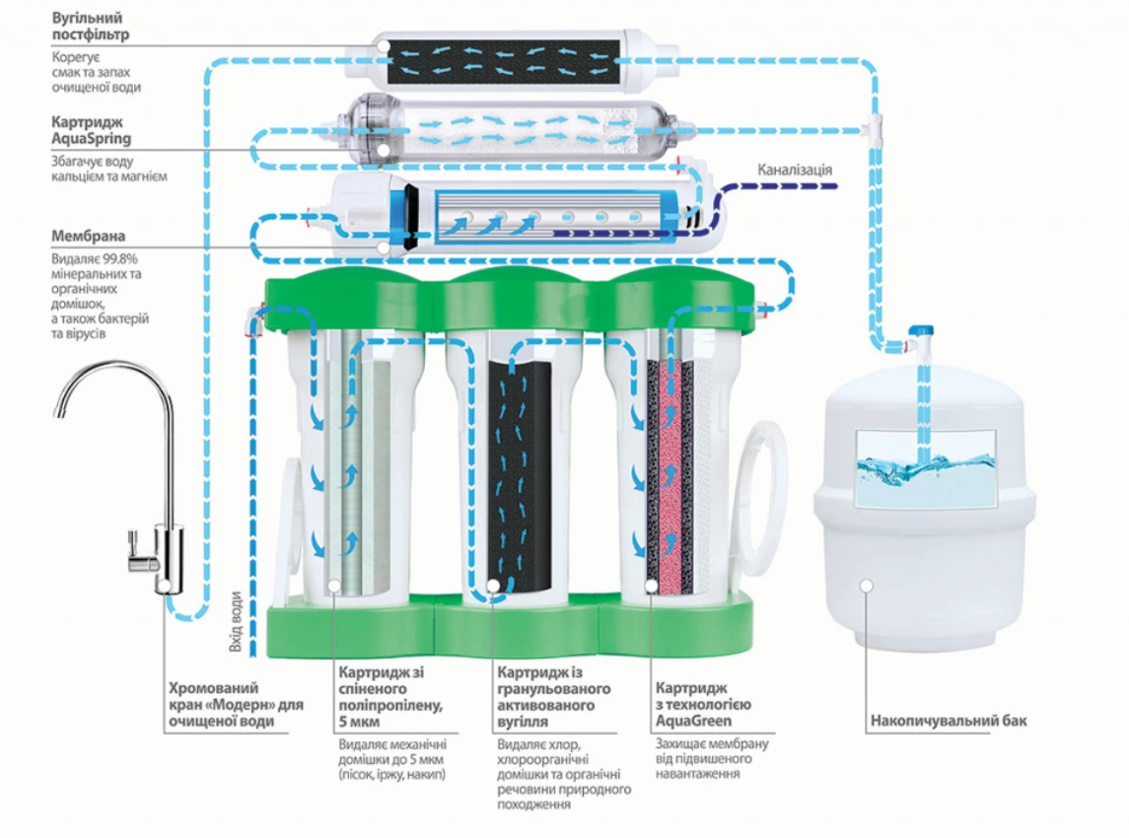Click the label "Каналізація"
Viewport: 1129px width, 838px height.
pos(795,170)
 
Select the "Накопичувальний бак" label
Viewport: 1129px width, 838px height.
pos(948,721)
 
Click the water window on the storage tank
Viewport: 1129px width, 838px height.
pos(925,467)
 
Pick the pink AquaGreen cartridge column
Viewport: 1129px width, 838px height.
pos(670,473)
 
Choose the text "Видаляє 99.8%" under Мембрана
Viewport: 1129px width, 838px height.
pos(95,258)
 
